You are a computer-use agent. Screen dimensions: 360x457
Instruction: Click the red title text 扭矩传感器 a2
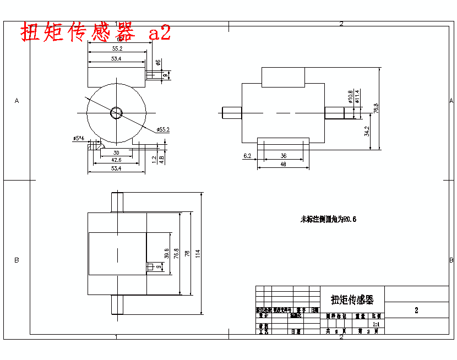click(x=96, y=32)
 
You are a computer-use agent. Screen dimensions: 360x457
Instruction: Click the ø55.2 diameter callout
click(x=163, y=129)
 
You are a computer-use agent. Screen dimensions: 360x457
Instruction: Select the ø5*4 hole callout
click(x=78, y=138)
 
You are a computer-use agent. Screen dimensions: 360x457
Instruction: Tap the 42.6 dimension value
click(x=116, y=160)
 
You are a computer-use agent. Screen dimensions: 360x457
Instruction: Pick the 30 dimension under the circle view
click(x=116, y=152)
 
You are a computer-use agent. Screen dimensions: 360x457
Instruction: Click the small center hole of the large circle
click(x=116, y=112)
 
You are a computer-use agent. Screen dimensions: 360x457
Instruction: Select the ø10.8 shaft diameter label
click(x=350, y=97)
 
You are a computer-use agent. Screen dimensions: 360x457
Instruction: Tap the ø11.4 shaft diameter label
click(x=357, y=97)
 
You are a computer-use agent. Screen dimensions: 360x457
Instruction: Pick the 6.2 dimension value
click(x=247, y=156)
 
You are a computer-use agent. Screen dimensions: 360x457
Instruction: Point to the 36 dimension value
click(x=284, y=156)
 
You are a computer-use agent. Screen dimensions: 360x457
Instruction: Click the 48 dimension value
click(x=284, y=163)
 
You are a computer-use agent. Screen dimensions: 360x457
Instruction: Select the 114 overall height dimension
click(x=198, y=253)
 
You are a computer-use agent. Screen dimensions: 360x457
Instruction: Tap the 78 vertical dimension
click(x=187, y=253)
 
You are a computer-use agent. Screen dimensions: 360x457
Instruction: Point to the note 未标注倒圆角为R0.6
click(x=328, y=219)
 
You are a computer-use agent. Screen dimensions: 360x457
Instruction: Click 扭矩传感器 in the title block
click(x=352, y=300)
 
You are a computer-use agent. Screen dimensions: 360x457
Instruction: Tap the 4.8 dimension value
click(x=161, y=160)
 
